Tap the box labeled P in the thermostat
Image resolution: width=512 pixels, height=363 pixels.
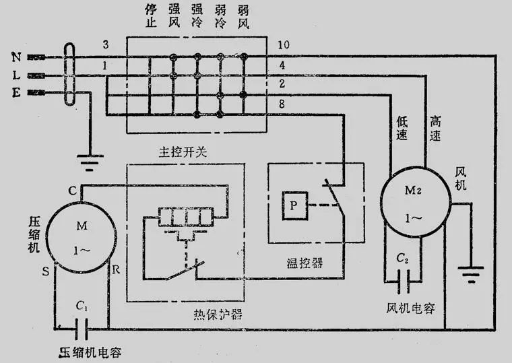pos(294,205)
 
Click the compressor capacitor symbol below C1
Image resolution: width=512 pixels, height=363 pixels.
pos(82,329)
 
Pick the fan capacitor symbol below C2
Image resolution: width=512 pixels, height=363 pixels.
pos(404,281)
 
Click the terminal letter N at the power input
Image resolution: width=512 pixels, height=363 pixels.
pos(16,57)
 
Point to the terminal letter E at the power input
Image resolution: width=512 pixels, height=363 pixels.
pos(16,93)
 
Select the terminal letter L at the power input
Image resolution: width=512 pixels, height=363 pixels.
pos(16,75)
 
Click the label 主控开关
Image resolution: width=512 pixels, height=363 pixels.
pos(183,152)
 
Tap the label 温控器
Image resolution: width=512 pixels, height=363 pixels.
pos(305,263)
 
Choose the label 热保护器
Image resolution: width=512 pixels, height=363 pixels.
pos(218,314)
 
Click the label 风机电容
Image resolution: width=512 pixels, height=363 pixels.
pos(410,308)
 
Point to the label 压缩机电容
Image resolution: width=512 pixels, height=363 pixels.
pos(90,352)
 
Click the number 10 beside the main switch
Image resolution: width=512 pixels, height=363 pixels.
pos(284,44)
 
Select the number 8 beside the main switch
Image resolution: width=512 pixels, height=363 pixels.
pos(282,104)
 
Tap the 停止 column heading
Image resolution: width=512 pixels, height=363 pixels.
pos(151,16)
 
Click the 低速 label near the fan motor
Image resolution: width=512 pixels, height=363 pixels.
pos(402,128)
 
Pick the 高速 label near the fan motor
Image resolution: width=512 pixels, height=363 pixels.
pos(435,128)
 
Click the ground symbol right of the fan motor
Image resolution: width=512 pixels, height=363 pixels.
pos(471,274)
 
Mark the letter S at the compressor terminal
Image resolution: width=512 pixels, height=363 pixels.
pos(46,271)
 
